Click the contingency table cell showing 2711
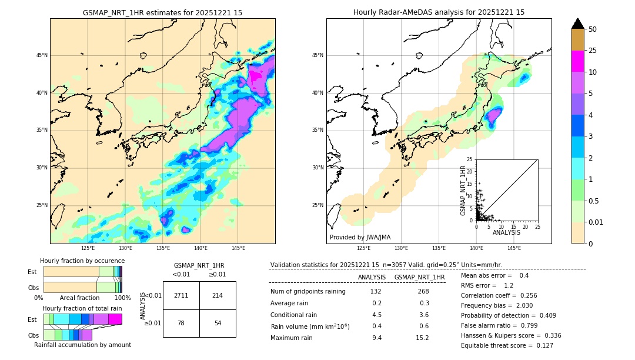(181, 295)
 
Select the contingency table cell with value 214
(218, 295)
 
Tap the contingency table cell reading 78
(181, 324)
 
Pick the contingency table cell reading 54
(218, 324)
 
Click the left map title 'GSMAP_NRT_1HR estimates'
(162, 12)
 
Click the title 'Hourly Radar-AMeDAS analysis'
(439, 12)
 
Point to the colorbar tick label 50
(593, 29)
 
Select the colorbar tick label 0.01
(594, 222)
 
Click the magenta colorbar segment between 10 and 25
(577, 61)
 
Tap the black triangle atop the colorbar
(577, 24)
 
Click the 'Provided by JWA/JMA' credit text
(360, 237)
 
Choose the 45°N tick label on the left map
(42, 55)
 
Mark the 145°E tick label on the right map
(514, 248)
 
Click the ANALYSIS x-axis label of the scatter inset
(506, 232)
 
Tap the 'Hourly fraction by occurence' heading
(82, 261)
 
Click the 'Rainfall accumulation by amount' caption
(82, 345)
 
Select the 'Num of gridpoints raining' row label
(308, 291)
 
